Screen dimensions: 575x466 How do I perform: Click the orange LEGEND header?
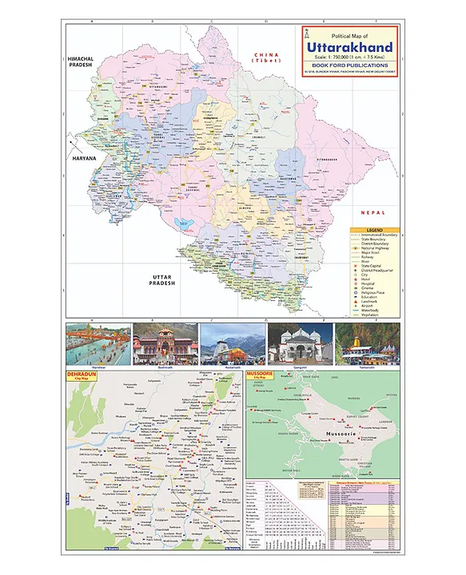click(x=373, y=230)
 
